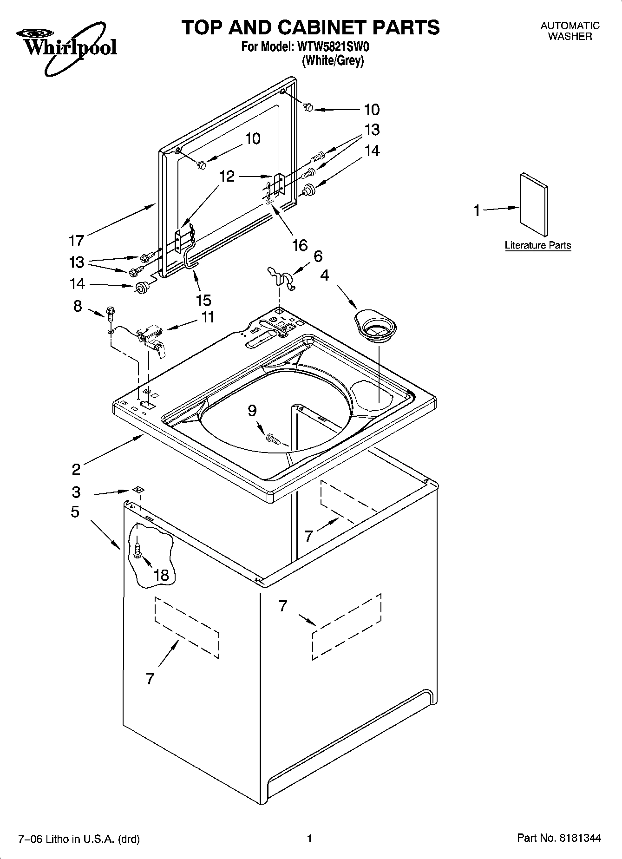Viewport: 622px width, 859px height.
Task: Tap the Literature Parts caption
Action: [x=537, y=245]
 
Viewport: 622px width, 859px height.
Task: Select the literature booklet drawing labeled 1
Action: [x=534, y=204]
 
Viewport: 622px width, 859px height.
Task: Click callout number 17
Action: [x=76, y=241]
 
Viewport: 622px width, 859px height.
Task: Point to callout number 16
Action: [x=300, y=245]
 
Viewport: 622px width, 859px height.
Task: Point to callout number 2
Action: [x=76, y=469]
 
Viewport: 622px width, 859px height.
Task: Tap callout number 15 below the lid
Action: [x=203, y=300]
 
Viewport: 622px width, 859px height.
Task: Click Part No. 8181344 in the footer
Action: [x=559, y=838]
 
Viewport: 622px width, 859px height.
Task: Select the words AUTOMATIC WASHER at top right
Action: [x=570, y=31]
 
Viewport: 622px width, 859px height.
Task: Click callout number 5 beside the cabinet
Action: [x=75, y=512]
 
